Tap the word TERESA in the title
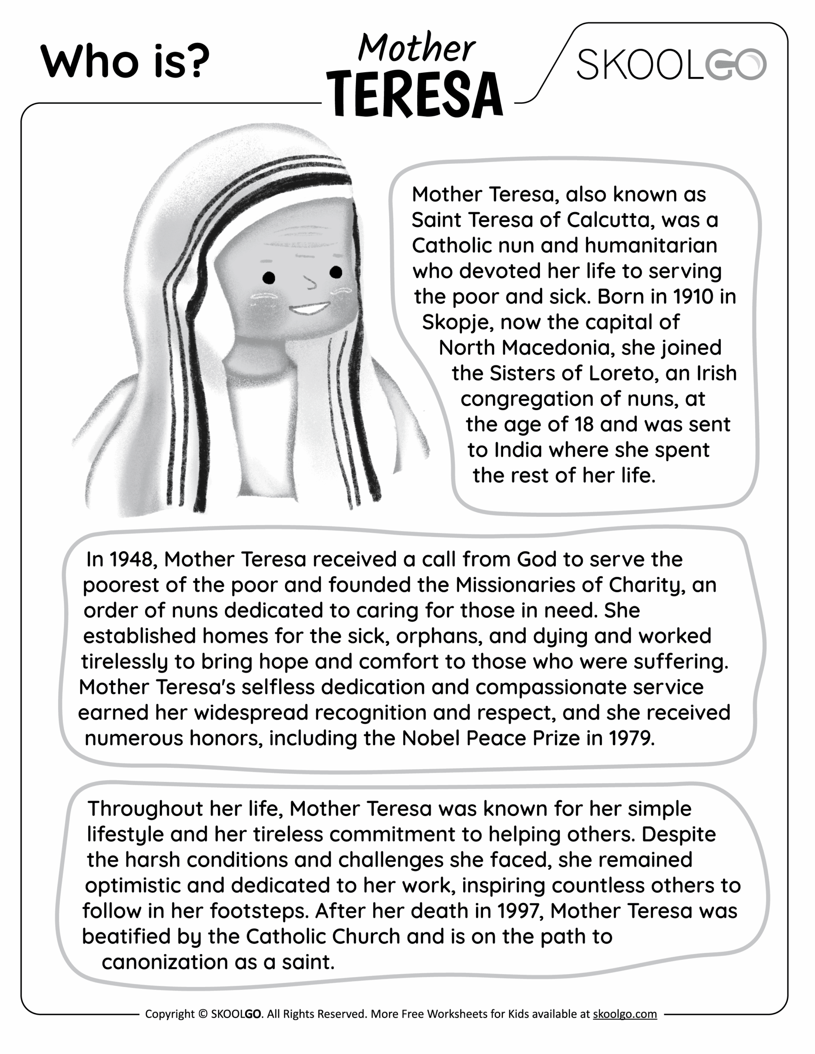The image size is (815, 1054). (x=414, y=95)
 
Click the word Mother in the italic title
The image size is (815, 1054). (x=416, y=49)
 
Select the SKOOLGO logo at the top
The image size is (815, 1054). (x=671, y=65)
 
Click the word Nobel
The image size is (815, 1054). (x=431, y=738)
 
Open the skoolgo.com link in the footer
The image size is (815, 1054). (x=624, y=1014)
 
